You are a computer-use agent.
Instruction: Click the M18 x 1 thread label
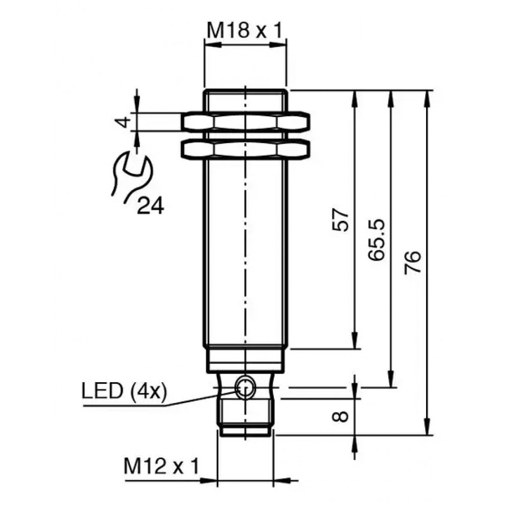click(x=245, y=31)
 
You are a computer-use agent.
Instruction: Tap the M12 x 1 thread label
click(x=161, y=467)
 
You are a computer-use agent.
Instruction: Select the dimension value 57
click(x=340, y=220)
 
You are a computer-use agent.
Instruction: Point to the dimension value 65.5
click(x=377, y=240)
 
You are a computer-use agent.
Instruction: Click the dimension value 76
click(x=413, y=262)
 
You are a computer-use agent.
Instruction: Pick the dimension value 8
click(x=340, y=416)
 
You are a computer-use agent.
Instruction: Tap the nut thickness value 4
click(x=123, y=122)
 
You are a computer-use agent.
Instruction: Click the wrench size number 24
click(x=151, y=206)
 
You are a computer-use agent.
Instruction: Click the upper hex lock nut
click(x=245, y=122)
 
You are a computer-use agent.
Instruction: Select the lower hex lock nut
click(x=245, y=149)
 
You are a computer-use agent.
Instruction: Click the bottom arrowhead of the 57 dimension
click(x=356, y=341)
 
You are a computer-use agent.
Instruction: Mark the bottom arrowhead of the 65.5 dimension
click(x=392, y=379)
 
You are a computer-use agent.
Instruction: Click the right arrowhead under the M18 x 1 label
click(x=278, y=45)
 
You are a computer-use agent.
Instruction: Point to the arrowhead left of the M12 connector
click(x=208, y=480)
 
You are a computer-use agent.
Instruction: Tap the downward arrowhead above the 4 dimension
click(x=136, y=104)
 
